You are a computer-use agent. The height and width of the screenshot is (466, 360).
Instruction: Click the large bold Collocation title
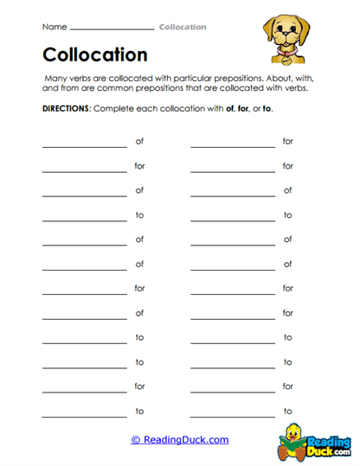(95, 55)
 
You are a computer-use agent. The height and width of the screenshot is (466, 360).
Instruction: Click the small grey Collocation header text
(183, 27)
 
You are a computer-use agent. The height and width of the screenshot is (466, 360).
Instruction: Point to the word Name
(54, 27)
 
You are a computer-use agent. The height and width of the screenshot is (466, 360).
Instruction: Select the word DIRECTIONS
(65, 111)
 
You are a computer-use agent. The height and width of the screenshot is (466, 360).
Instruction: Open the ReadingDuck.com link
(180, 440)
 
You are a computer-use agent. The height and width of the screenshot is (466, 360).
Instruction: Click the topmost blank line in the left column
(84, 146)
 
